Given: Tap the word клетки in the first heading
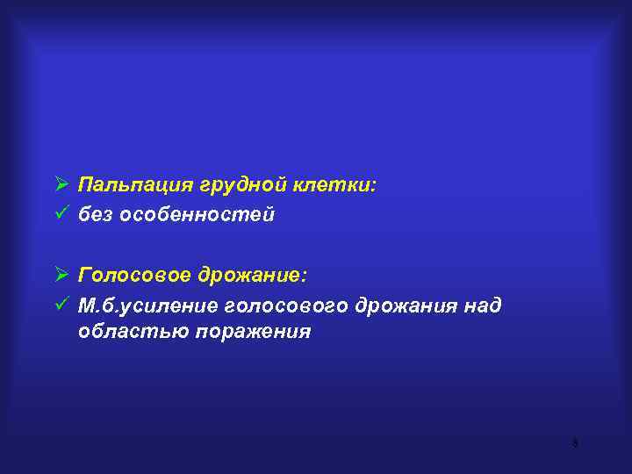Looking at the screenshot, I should tap(327, 185).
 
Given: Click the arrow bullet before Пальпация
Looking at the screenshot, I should tap(61, 185).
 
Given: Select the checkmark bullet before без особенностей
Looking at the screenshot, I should tap(61, 213).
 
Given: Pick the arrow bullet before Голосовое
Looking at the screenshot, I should tap(61, 276).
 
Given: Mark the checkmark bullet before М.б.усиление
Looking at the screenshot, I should tap(61, 304).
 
